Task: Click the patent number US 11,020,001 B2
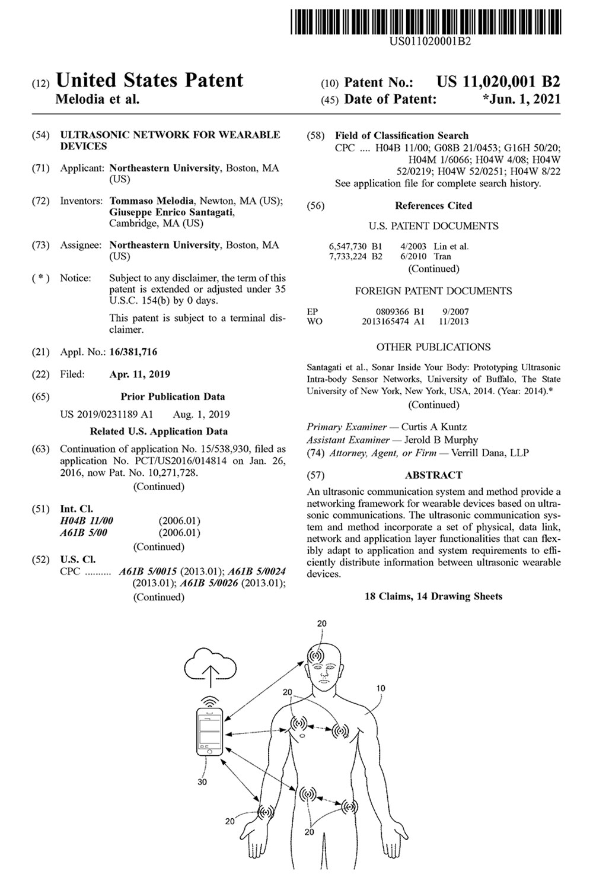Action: coord(498,82)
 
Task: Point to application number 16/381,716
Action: coord(133,352)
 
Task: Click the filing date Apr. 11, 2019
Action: coord(140,374)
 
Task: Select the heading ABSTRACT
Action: coord(433,475)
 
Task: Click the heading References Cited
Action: coord(433,205)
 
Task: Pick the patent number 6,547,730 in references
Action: coord(349,246)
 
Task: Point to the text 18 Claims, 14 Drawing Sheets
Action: coord(433,596)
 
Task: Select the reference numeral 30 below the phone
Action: coord(202,782)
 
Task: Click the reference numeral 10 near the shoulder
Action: coord(381,688)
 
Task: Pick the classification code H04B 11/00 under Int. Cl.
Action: coord(87,520)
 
